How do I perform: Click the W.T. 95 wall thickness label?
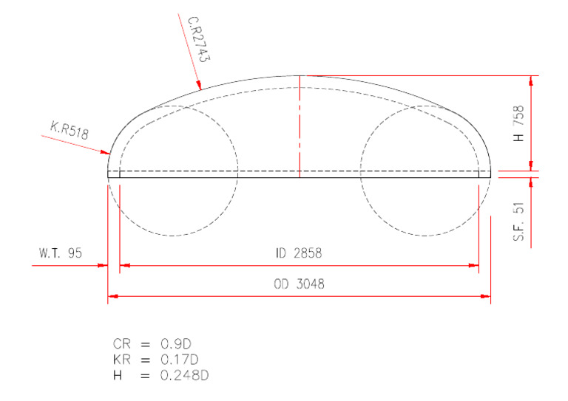pyautogui.click(x=61, y=253)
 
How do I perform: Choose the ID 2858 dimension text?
pyautogui.click(x=299, y=253)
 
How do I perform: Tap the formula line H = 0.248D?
pyautogui.click(x=158, y=374)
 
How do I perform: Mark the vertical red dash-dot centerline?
pyautogui.click(x=299, y=126)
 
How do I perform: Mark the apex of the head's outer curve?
pyautogui.click(x=299, y=75)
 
